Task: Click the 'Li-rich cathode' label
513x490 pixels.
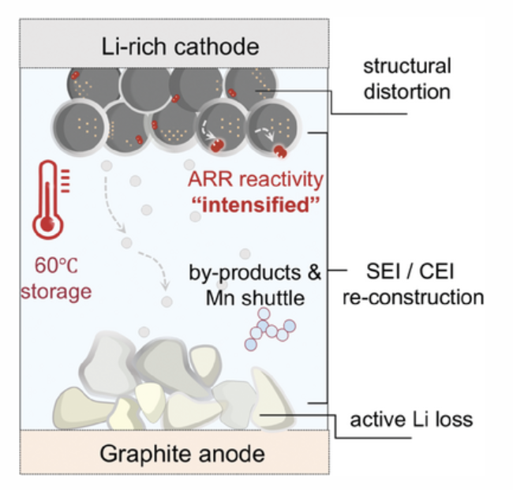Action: click(x=180, y=47)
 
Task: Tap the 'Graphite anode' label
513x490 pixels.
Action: click(x=182, y=454)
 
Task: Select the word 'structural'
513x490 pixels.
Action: click(x=407, y=65)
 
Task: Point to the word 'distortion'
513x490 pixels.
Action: click(x=407, y=92)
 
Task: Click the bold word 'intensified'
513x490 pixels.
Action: click(x=256, y=205)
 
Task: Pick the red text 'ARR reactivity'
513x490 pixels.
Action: click(x=256, y=179)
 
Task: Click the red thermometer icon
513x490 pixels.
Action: click(x=51, y=200)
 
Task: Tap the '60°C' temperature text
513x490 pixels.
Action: click(x=56, y=265)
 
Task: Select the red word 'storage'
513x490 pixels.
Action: click(x=56, y=291)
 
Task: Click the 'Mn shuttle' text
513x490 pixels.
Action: click(x=255, y=298)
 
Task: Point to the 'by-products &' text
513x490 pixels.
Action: click(x=255, y=272)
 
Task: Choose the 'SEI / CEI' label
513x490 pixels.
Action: click(x=410, y=271)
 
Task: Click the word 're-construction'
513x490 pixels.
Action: click(x=414, y=297)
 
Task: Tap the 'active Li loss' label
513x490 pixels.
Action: click(x=411, y=419)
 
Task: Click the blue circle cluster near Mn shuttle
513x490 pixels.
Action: click(x=270, y=329)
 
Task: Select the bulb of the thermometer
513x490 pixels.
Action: click(x=48, y=225)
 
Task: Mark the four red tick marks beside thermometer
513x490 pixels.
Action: click(x=66, y=181)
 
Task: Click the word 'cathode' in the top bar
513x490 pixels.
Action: click(x=216, y=47)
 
